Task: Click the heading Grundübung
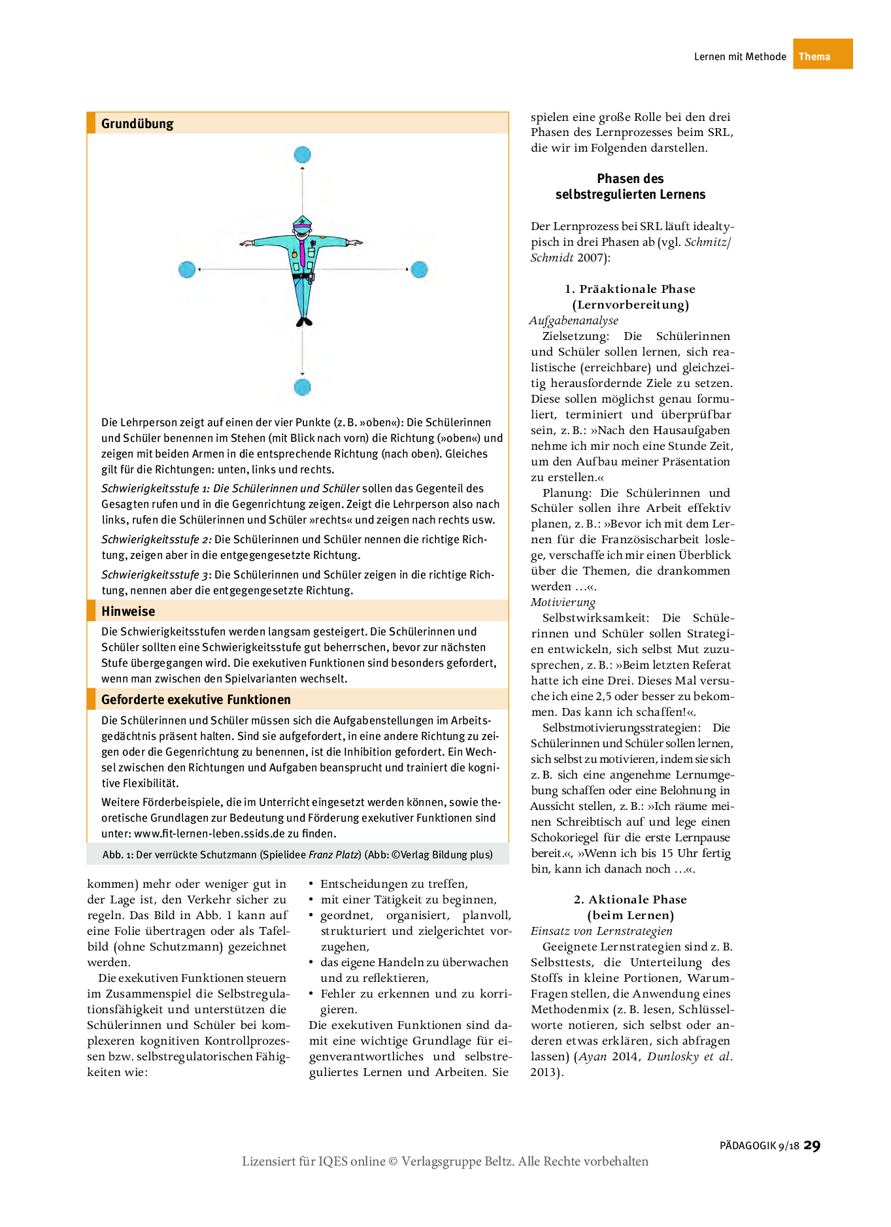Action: tap(137, 124)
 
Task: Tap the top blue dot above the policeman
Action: tap(302, 155)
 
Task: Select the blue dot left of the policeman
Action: tap(187, 269)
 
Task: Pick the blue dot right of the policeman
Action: tap(419, 269)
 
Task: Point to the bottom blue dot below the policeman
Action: tap(302, 387)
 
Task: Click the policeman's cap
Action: tap(302, 221)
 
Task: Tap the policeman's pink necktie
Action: tap(303, 252)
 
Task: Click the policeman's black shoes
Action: tap(304, 322)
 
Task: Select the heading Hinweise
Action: tap(128, 611)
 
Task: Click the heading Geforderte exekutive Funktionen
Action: tap(195, 699)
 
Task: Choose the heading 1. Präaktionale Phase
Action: tap(630, 289)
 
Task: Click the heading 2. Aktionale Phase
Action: tap(630, 899)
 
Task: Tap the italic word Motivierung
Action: tap(563, 602)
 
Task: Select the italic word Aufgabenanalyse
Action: tap(574, 320)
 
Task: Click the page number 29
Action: tap(812, 1145)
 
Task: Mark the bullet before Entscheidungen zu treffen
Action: tap(312, 884)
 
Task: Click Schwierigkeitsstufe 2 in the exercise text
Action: tap(156, 539)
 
